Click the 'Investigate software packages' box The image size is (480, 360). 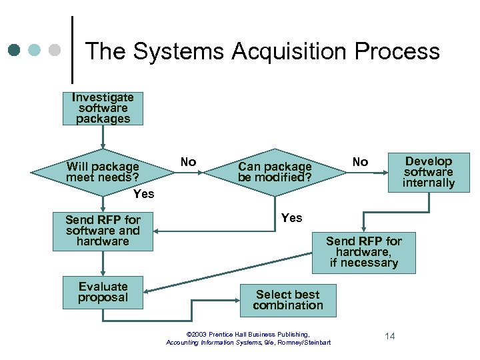[103, 108]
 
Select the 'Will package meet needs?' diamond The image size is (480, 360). [103, 172]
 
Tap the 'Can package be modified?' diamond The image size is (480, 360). [275, 172]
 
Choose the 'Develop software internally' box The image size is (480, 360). [429, 172]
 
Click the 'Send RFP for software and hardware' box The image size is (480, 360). [103, 231]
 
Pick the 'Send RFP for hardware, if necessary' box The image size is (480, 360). [363, 252]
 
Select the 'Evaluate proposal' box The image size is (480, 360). [103, 292]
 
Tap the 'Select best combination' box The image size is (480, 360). [288, 300]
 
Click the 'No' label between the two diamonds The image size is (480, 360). [188, 162]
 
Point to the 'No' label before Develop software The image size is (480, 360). [360, 162]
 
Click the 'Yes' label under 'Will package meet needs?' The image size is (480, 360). [143, 194]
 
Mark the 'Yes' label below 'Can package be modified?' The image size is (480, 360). [291, 218]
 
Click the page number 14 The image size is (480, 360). [389, 336]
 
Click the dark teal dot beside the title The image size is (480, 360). [15, 50]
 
